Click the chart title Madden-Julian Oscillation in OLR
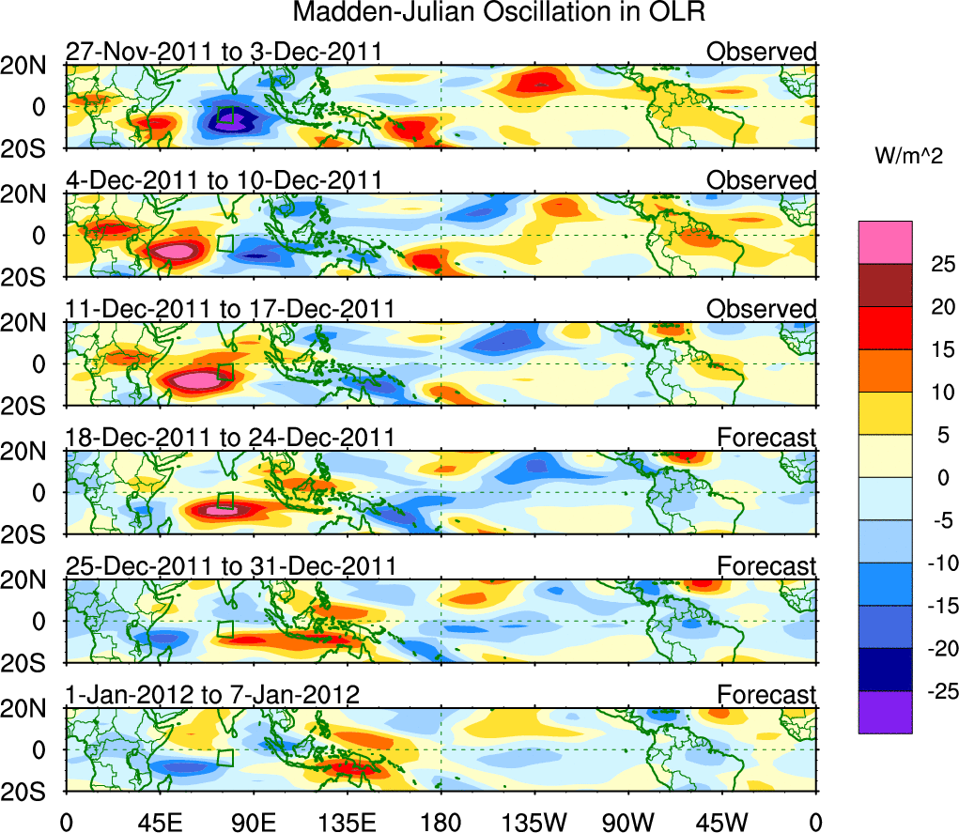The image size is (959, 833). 498,13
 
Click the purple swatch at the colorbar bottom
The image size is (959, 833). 884,712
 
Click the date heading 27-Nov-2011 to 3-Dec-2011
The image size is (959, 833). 224,51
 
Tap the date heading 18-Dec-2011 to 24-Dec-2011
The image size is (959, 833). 230,438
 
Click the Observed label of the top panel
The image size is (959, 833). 762,51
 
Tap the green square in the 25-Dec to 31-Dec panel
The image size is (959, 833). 224,629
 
